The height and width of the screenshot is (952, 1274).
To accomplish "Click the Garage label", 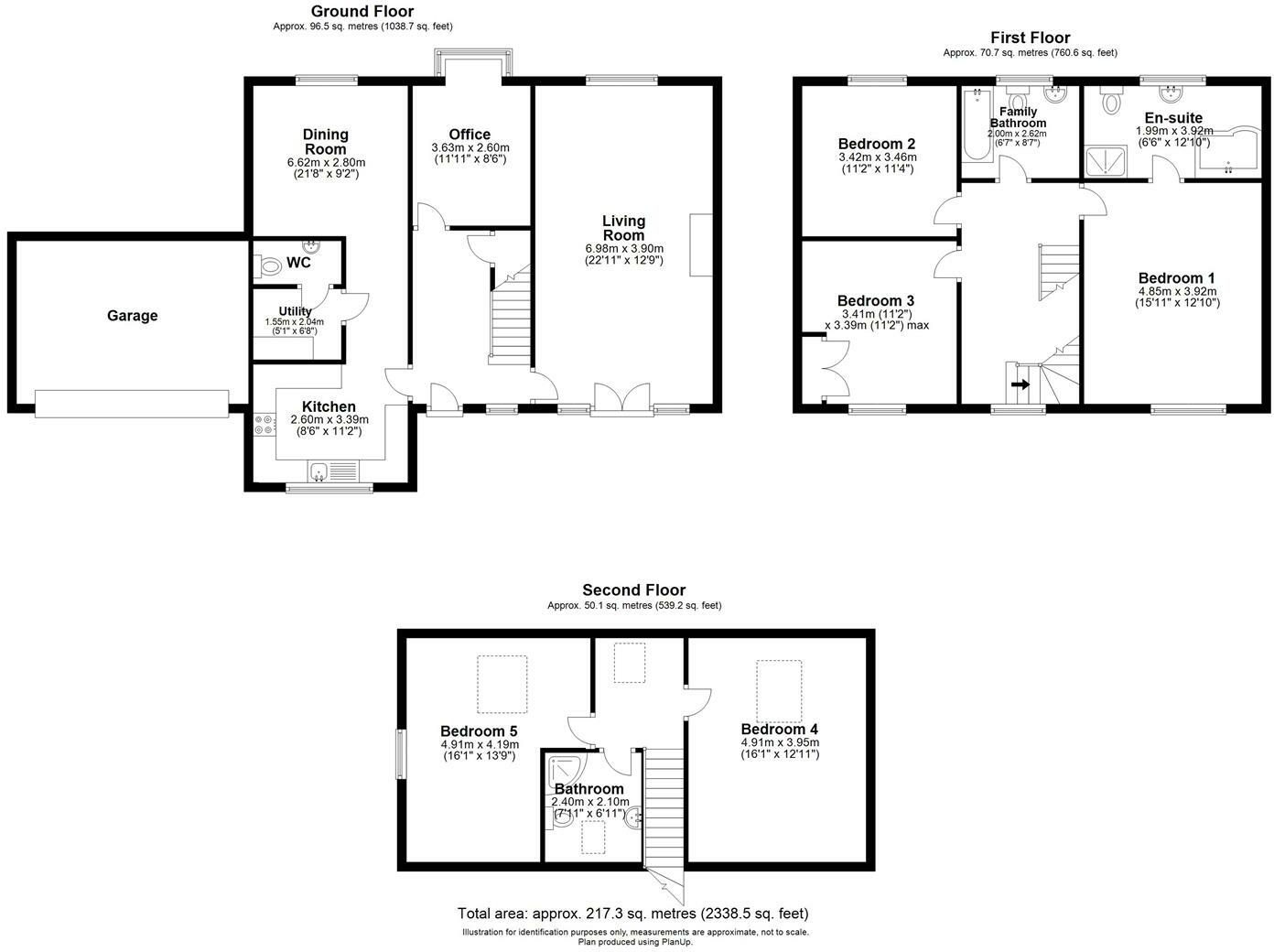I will point(132,316).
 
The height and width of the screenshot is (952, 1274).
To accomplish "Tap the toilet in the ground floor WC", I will point(270,266).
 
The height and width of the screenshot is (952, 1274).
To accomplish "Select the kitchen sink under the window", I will point(318,472).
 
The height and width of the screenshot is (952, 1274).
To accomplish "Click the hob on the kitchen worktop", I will point(265,424).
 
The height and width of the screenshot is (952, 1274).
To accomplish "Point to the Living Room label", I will point(623,228).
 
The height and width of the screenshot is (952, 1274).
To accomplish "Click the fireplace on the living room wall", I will point(701,244).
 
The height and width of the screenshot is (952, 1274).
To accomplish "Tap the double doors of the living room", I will point(621,399).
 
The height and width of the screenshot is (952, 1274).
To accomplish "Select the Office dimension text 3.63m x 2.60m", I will point(470,148).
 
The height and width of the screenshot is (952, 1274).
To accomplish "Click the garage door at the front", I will point(132,404).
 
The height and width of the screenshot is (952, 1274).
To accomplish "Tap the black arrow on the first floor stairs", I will point(1019,385).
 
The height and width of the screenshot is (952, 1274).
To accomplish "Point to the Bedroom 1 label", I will point(1176,278).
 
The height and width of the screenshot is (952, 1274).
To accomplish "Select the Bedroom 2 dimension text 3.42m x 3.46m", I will point(877,157).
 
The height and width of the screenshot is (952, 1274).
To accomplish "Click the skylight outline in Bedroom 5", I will point(502,684).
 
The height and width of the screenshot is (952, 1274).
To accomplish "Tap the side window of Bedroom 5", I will point(400,753).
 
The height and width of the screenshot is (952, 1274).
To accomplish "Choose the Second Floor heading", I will point(633,590).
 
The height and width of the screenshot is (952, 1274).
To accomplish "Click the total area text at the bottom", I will point(632,914).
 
